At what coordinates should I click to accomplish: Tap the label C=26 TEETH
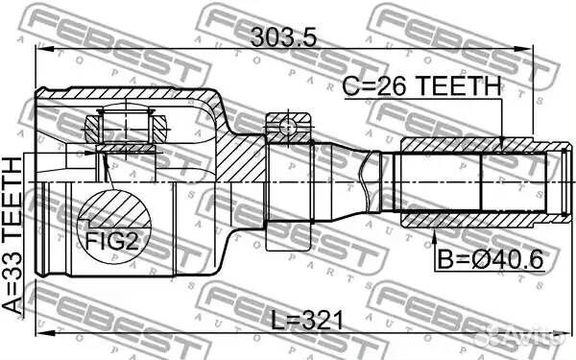421,86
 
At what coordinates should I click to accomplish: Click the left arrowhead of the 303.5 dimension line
40,47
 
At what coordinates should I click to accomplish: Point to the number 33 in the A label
13,271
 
